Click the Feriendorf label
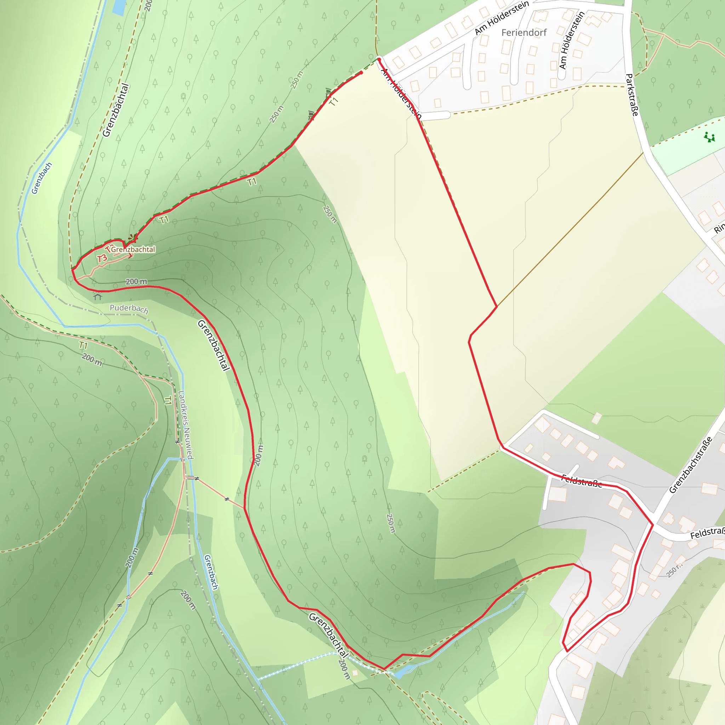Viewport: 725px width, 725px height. tap(524, 33)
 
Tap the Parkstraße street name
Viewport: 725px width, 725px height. tap(632, 95)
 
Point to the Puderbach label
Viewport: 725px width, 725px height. tap(129, 308)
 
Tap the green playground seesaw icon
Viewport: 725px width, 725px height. tap(709, 137)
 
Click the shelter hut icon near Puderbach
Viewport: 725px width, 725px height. tap(98, 296)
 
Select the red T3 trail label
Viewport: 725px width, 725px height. tap(102, 258)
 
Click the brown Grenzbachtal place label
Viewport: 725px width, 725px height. tap(133, 249)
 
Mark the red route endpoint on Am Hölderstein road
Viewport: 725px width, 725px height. tap(379, 59)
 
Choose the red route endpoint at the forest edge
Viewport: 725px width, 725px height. tap(361, 73)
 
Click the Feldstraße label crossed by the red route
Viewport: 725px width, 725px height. tap(581, 481)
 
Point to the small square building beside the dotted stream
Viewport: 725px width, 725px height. tap(355, 673)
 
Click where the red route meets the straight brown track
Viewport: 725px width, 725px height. tap(497, 307)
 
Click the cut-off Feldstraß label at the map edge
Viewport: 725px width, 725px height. tap(707, 532)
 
